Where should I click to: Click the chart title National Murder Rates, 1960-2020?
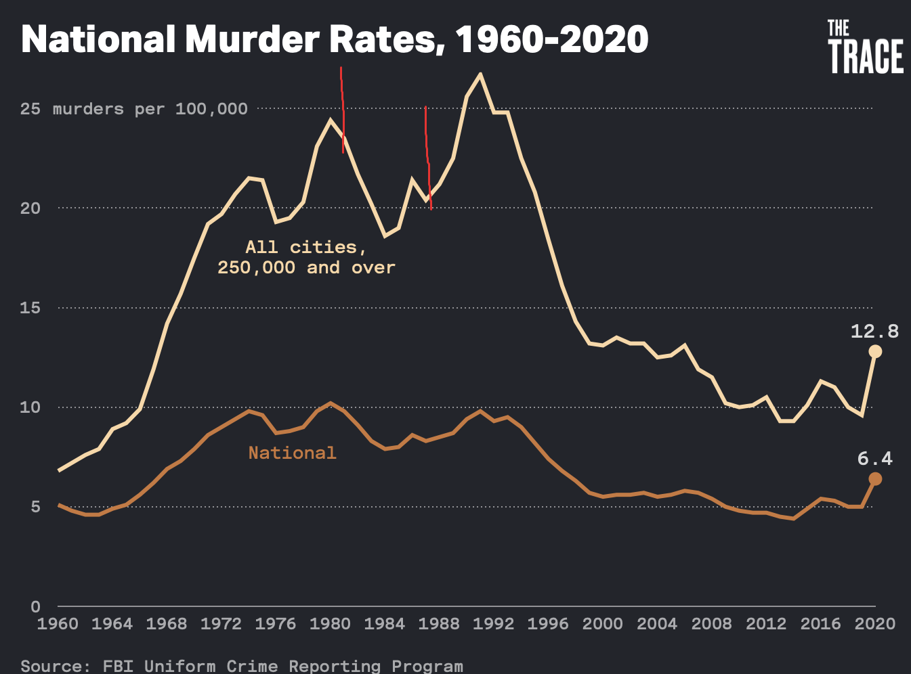(x=335, y=39)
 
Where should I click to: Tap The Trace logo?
(x=865, y=47)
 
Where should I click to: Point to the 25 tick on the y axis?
(x=30, y=109)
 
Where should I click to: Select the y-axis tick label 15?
(x=30, y=308)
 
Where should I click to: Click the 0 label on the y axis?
(x=35, y=606)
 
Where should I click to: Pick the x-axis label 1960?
(x=58, y=624)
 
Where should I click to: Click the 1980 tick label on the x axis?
(x=330, y=624)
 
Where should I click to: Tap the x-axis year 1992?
(x=493, y=624)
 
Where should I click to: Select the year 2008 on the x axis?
(x=711, y=624)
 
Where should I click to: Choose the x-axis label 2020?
(x=874, y=624)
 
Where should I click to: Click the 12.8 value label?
(x=874, y=331)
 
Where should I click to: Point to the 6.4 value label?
(x=874, y=459)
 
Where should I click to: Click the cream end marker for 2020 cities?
(x=875, y=351)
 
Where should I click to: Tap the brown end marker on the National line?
(x=875, y=479)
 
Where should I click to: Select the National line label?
(x=292, y=453)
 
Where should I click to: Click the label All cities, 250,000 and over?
(x=306, y=257)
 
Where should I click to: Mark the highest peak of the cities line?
(x=480, y=74)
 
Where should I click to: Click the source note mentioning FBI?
(x=242, y=666)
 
